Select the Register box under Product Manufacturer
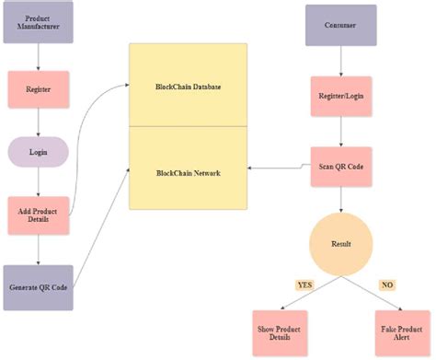38,90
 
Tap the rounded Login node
38,151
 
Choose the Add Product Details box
38,214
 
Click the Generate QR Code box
38,286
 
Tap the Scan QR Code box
341,168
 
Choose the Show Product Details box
280,333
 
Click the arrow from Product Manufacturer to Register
38,59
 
